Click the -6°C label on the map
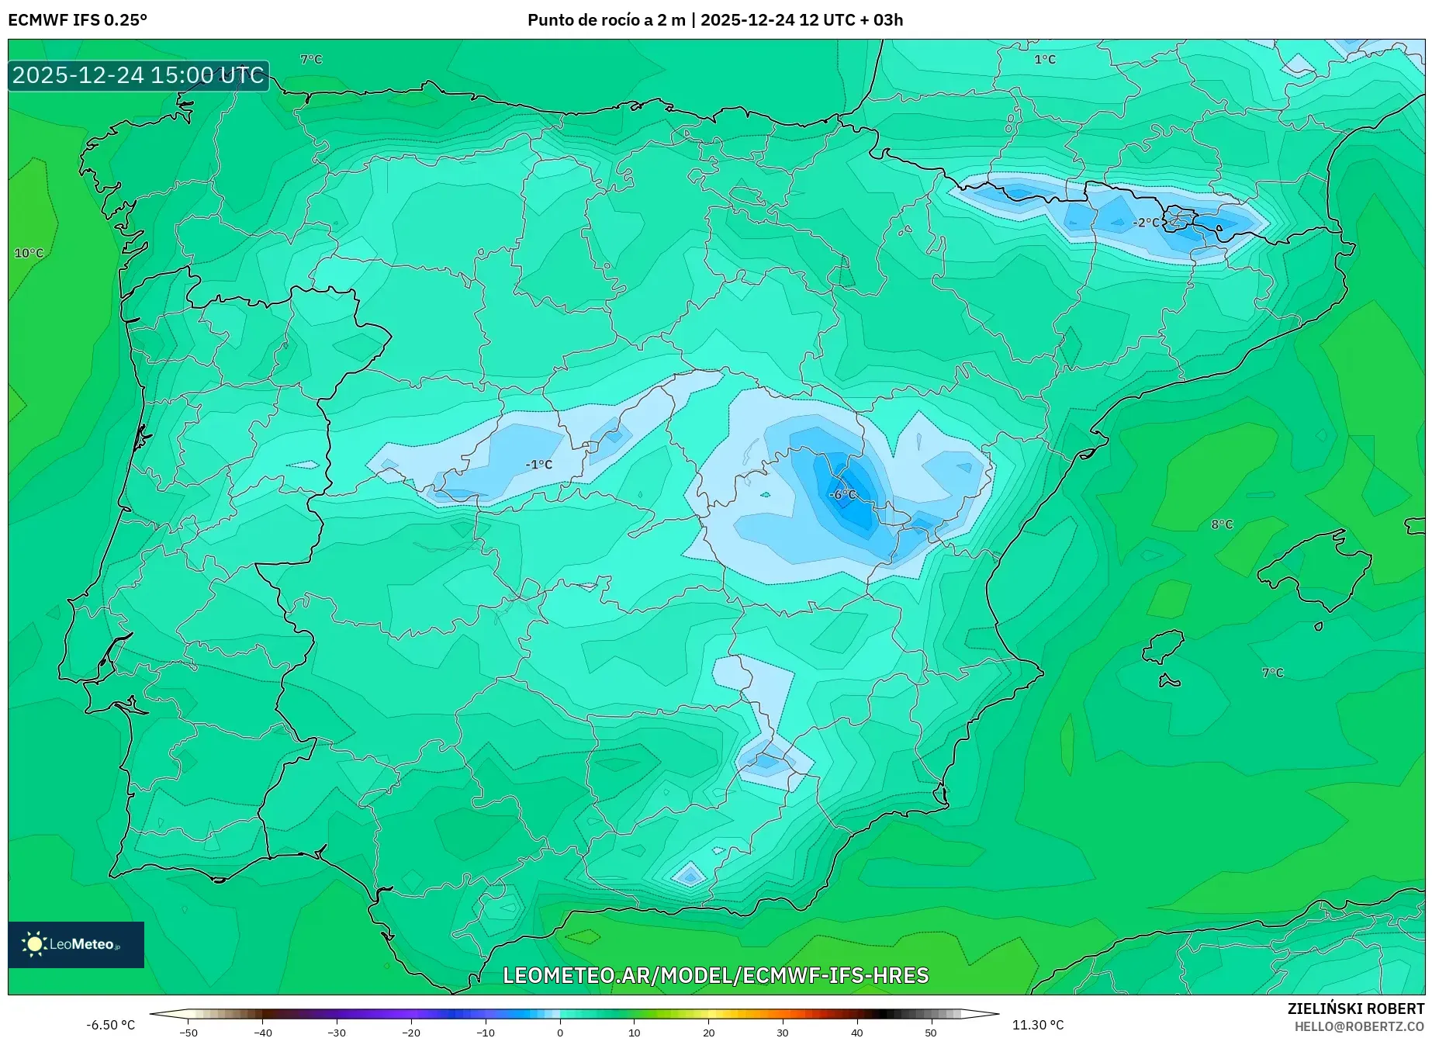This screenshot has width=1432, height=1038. pos(842,494)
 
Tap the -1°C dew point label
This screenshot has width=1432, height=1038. pos(538,464)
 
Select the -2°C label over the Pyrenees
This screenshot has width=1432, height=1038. pos(1146,223)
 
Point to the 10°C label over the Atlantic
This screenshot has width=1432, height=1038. pos(29,253)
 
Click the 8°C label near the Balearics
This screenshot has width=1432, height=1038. pos(1222,524)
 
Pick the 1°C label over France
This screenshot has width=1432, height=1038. pos(1045,59)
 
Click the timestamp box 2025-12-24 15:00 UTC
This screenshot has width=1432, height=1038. pos(138,75)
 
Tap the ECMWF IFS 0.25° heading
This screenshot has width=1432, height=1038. pos(78,20)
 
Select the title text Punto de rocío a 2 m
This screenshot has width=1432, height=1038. pos(606,20)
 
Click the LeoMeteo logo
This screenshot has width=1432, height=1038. pos(76,944)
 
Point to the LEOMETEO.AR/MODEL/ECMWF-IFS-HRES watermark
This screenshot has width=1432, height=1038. pos(715,975)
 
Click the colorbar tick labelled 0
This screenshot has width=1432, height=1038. pos(560,1032)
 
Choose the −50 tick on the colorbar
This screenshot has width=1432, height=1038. pos(188,1032)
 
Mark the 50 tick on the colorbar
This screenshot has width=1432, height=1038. pos(931,1032)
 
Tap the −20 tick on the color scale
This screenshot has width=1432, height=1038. pos(411,1032)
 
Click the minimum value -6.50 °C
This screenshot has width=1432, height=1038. pos(110,1025)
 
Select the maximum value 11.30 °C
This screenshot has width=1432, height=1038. pos(1038,1025)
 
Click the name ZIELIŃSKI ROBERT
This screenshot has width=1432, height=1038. pos(1356,1009)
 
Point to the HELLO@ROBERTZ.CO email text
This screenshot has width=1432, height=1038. pos(1359,1026)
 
